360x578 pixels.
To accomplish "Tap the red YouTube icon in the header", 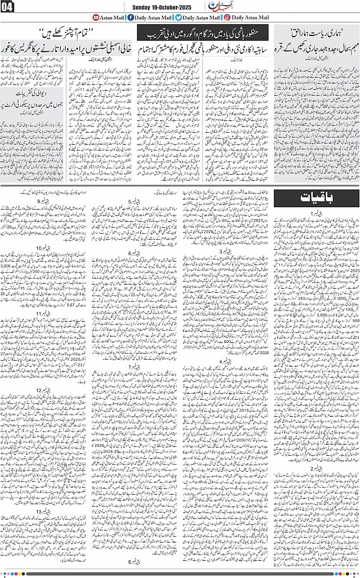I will [x=80, y=18].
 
